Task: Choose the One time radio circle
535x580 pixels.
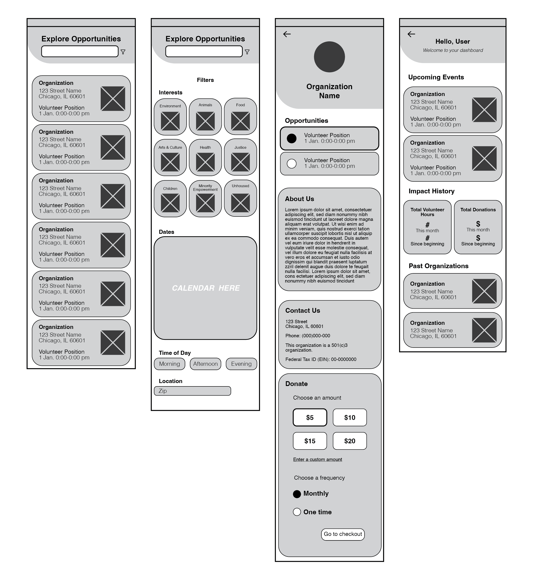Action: click(297, 512)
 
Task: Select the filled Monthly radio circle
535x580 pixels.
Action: click(297, 494)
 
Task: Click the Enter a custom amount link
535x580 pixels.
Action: click(317, 459)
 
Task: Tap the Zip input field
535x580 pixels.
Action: click(192, 391)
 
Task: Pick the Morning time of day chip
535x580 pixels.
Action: click(169, 364)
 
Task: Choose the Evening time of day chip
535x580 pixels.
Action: click(241, 364)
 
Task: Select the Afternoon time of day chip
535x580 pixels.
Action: click(205, 364)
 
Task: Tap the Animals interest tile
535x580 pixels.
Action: click(205, 117)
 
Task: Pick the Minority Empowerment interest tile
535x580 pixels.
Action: click(205, 199)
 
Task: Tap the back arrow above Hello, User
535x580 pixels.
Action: click(411, 34)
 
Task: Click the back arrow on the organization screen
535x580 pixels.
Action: click(287, 34)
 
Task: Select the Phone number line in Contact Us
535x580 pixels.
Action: click(307, 336)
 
